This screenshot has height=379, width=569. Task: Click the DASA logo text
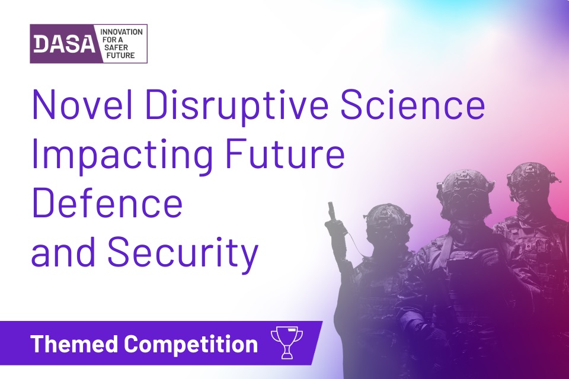tap(64, 44)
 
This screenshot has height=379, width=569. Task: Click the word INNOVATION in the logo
tap(122, 32)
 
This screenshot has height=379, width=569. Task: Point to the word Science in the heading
tap(413, 104)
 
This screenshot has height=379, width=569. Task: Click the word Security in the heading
tap(183, 253)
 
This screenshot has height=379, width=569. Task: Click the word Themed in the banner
tap(75, 343)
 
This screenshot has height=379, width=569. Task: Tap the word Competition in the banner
tap(191, 345)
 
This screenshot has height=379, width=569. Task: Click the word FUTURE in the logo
tap(120, 56)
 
